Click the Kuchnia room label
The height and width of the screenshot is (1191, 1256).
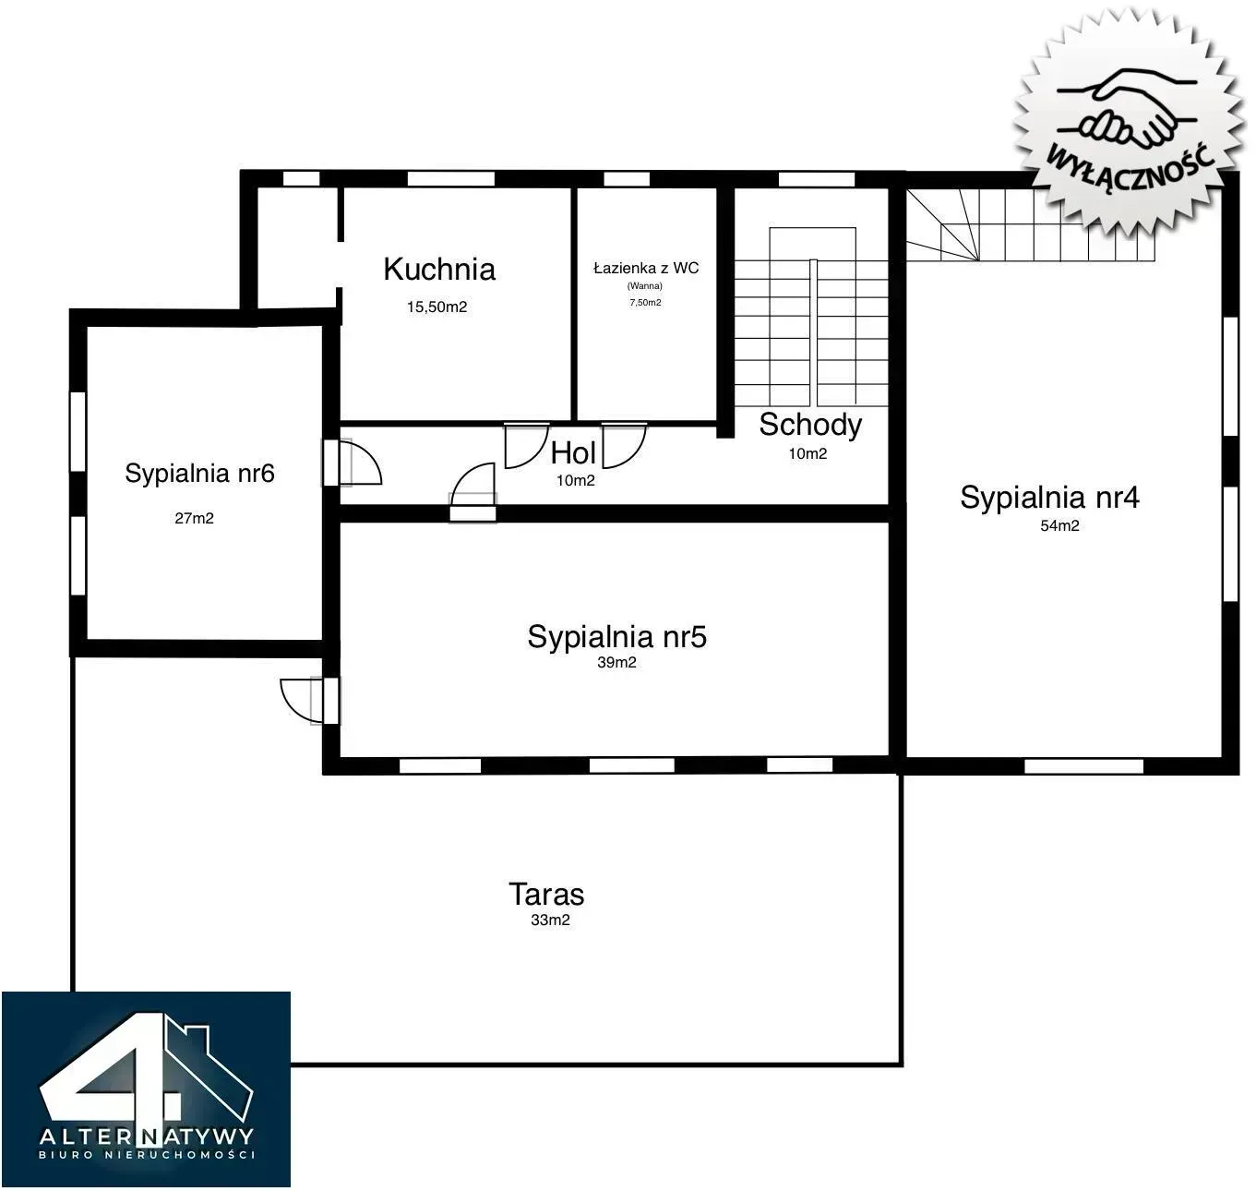(439, 270)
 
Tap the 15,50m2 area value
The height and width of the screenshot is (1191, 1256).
(437, 307)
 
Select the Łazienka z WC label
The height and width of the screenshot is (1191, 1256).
(646, 268)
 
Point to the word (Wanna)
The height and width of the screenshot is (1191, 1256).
(644, 286)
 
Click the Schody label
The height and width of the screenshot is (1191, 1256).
(810, 425)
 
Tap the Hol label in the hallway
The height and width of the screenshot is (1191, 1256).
(573, 453)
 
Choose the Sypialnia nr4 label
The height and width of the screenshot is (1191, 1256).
(1049, 498)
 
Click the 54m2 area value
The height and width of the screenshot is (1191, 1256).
(1059, 525)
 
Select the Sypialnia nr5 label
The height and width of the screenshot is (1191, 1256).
(616, 637)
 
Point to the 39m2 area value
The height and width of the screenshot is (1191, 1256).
(616, 662)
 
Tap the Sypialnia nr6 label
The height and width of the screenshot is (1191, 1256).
(199, 474)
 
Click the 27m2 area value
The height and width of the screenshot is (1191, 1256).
(194, 519)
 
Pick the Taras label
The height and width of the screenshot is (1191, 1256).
(546, 895)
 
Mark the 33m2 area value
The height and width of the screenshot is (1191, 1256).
(550, 920)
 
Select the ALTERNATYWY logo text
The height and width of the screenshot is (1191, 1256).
(147, 1136)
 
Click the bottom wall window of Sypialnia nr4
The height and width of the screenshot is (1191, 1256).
(1083, 765)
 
